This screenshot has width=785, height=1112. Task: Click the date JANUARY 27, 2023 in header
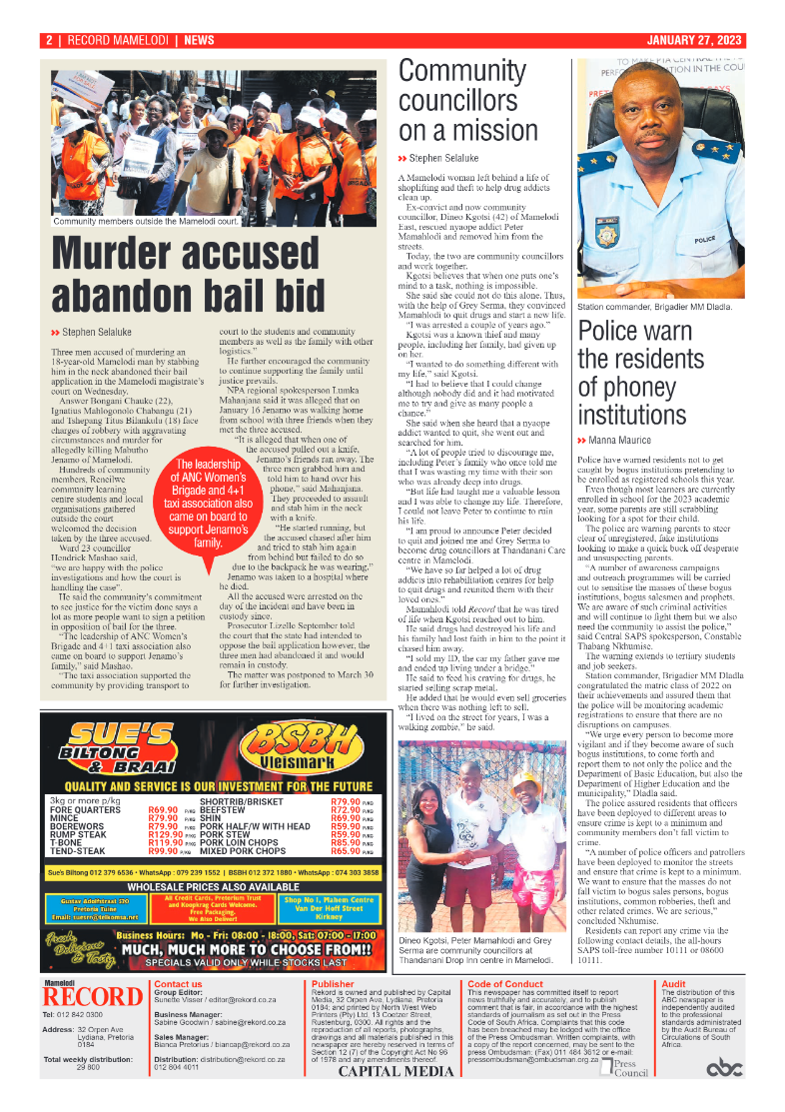(x=694, y=40)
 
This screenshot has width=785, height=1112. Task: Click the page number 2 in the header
(x=48, y=40)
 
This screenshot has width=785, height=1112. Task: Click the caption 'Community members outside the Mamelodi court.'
(x=146, y=221)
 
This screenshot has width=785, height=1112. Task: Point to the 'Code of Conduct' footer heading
(x=505, y=984)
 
